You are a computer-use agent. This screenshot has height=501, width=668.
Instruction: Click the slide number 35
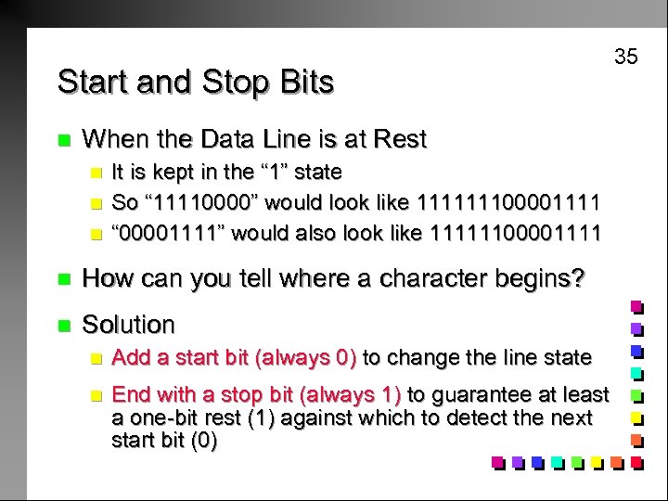pyautogui.click(x=626, y=57)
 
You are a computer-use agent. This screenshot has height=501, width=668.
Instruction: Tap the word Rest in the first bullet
pyautogui.click(x=400, y=140)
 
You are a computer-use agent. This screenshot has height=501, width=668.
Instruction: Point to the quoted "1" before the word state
pyautogui.click(x=279, y=173)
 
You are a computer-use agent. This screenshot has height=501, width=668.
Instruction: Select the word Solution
pyautogui.click(x=129, y=325)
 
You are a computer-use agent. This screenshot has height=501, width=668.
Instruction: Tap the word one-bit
pyautogui.click(x=161, y=417)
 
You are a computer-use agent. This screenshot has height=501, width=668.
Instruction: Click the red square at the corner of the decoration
pyautogui.click(x=636, y=461)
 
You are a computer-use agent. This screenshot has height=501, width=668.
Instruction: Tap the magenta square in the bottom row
pyautogui.click(x=498, y=461)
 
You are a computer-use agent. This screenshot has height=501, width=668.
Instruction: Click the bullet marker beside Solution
pyautogui.click(x=63, y=326)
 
